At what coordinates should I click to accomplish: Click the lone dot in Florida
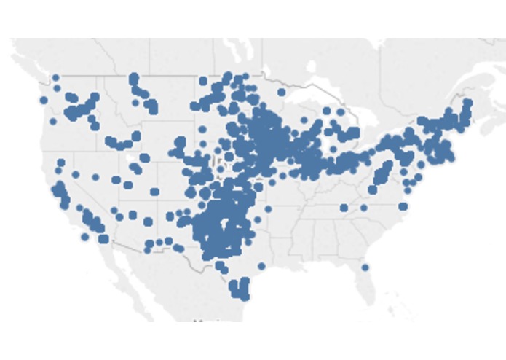365,267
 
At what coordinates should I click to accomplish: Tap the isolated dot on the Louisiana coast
261,266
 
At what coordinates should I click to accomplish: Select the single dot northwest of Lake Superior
282,92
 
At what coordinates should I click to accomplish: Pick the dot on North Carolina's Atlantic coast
403,206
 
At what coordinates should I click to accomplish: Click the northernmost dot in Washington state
56,77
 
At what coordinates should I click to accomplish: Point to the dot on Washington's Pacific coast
44,101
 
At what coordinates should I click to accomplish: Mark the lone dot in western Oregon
52,122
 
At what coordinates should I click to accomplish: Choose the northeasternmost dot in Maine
467,103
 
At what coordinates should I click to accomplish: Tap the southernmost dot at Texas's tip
245,297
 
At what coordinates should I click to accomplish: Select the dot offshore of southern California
85,237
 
